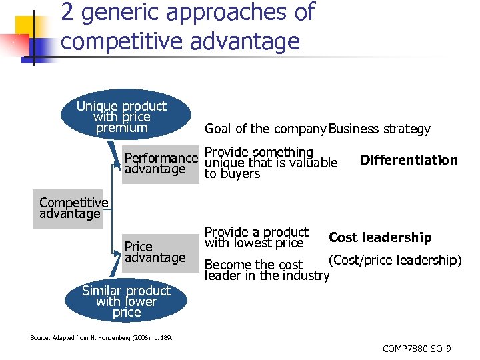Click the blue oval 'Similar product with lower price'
click(127, 301)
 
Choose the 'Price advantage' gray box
click(154, 252)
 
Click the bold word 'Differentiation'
click(409, 160)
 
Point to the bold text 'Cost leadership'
click(380, 237)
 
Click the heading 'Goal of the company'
click(265, 129)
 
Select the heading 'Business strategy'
click(379, 129)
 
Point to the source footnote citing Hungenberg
click(101, 338)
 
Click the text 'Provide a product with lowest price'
click(256, 237)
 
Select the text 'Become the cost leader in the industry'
click(267, 270)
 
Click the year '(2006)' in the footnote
click(142, 338)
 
